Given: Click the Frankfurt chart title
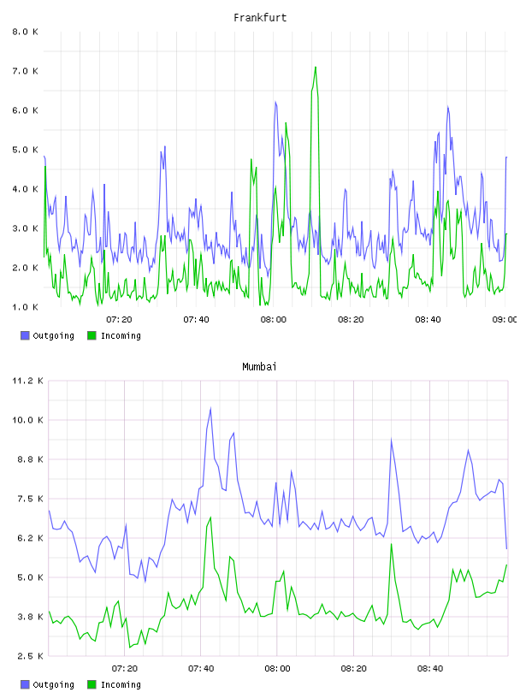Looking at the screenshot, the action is [260, 18].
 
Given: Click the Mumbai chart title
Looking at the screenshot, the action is [259, 367].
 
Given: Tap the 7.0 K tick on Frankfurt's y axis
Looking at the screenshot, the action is [26, 71].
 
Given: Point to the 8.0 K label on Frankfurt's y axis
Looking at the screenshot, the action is [26, 32].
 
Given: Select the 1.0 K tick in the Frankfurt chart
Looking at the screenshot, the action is [26, 307].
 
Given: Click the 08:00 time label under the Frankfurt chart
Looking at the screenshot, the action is [274, 320].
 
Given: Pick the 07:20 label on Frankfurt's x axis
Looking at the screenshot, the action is [119, 320].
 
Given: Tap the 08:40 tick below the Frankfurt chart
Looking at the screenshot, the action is [428, 320].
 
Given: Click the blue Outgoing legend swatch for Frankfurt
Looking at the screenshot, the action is [25, 335].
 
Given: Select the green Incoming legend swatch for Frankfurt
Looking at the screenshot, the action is [92, 335].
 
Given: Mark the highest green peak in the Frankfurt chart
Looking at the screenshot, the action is [316, 68].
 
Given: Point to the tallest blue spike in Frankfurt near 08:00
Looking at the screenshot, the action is [275, 102].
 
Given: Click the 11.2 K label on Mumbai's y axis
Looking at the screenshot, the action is [27, 381].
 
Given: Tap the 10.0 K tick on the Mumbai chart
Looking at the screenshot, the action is [27, 420].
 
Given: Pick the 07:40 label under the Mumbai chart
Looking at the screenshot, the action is [201, 669].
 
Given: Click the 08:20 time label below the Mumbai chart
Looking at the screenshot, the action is [353, 669].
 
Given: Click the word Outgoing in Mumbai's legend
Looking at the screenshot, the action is [53, 684].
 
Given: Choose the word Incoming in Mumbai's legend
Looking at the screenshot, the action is [121, 684].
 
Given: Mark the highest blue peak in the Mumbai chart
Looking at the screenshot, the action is [210, 408].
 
